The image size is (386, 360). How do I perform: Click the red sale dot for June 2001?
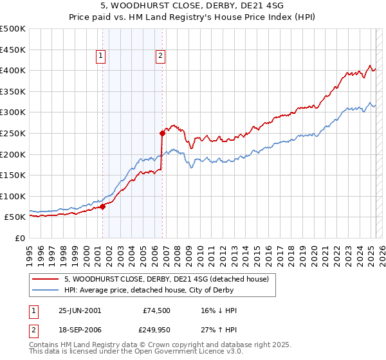coord(103,206)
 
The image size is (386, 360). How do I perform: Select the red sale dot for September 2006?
coord(162,133)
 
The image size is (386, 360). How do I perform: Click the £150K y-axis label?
coord(13,175)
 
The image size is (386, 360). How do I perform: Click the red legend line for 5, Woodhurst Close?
coord(46,279)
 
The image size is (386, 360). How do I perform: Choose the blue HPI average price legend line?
coord(46,290)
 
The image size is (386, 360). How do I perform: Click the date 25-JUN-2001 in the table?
coord(80,310)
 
